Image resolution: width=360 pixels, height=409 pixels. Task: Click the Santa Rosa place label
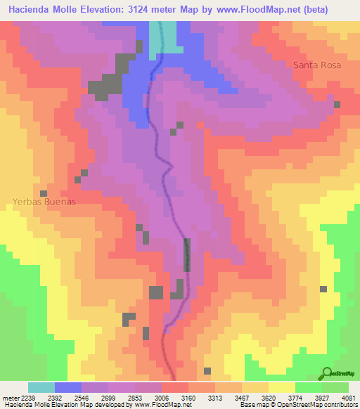pyautogui.click(x=317, y=65)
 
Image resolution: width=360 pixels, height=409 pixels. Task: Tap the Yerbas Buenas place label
pyautogui.click(x=44, y=201)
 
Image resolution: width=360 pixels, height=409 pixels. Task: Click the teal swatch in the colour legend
pyautogui.click(x=41, y=387)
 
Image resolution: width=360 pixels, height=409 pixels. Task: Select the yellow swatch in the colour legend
pyautogui.click(x=282, y=387)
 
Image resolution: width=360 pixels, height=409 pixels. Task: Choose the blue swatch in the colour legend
pyautogui.click(x=68, y=387)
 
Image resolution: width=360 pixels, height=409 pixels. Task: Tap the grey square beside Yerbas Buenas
pyautogui.click(x=44, y=193)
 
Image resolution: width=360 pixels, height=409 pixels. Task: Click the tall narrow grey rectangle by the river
pyautogui.click(x=187, y=255)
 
